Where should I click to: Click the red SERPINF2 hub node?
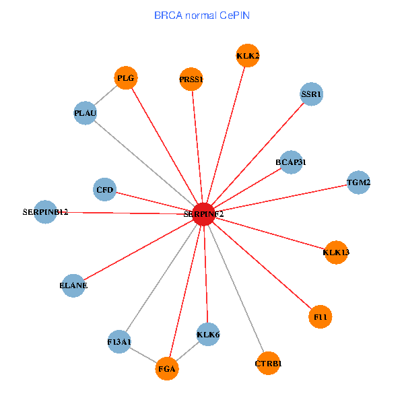203,213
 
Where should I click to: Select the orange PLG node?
126,78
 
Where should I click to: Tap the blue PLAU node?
86,112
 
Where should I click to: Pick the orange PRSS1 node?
191,79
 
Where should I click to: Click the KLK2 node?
248,55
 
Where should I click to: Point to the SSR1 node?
312,94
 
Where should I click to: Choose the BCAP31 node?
291,162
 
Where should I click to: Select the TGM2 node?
358,182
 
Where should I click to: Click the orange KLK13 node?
336,252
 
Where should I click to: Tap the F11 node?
321,316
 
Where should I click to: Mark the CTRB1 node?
268,364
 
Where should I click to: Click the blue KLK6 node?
208,334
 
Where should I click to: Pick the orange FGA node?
167,369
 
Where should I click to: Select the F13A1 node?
119,341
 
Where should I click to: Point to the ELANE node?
73,285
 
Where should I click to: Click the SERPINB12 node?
44,212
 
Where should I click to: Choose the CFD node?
105,190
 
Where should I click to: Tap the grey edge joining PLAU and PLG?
106,96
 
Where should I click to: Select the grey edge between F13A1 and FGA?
143,355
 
